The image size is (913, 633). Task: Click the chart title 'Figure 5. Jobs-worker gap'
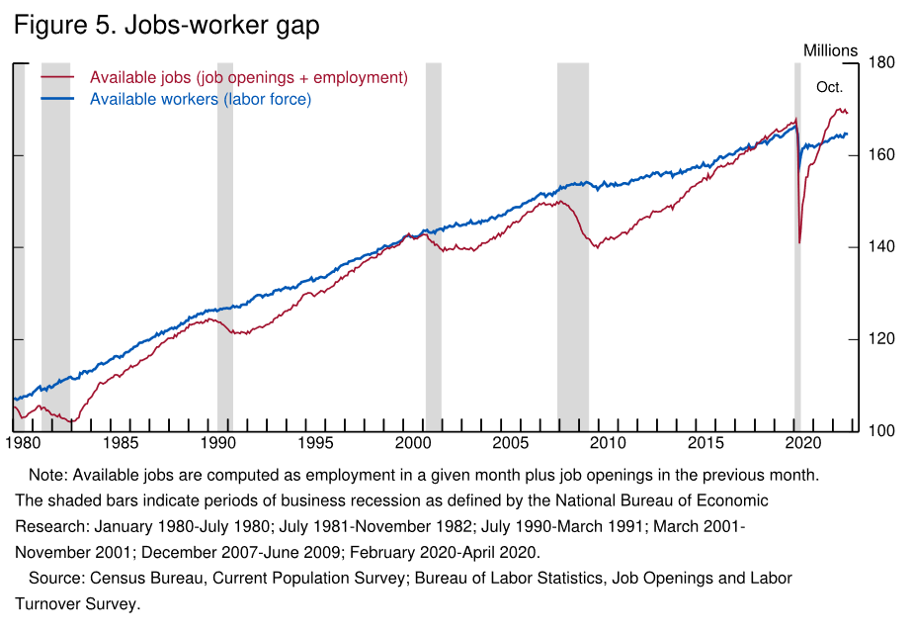[x=166, y=26]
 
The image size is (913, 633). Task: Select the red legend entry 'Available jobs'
[x=248, y=77]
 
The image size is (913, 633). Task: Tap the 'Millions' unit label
[x=831, y=50]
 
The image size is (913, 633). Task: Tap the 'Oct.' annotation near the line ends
[x=829, y=88]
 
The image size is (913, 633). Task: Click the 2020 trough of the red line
[x=799, y=241]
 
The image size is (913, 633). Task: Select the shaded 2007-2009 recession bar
[x=573, y=247]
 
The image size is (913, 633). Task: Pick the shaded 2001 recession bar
[x=434, y=247]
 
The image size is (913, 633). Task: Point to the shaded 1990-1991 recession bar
[x=225, y=247]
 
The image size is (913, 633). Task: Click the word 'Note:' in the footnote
[x=48, y=475]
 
